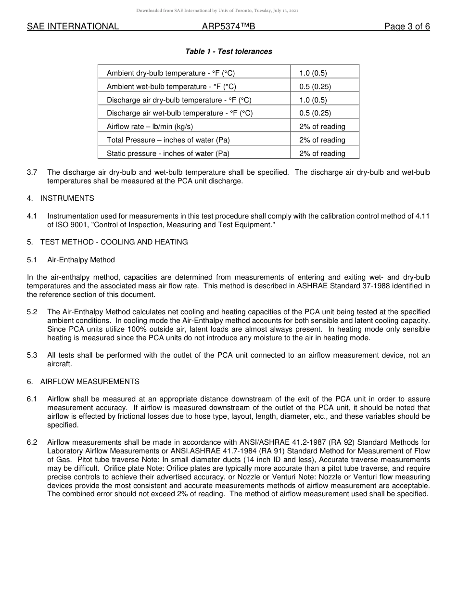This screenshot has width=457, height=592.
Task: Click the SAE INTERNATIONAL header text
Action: tap(73, 27)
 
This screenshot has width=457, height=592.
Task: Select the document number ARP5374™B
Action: tap(228, 27)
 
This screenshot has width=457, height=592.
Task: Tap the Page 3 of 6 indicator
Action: tap(406, 27)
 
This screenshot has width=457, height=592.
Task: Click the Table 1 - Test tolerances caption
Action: tap(228, 51)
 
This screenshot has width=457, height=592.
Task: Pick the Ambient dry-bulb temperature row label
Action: tap(170, 73)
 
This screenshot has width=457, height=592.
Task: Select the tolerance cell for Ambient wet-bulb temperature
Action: tap(315, 87)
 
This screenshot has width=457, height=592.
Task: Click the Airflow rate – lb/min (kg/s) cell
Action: tap(150, 127)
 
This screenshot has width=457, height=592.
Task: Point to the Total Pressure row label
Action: tap(168, 140)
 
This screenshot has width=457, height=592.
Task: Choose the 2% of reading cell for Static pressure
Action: tap(322, 154)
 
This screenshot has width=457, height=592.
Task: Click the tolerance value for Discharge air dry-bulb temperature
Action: tap(313, 100)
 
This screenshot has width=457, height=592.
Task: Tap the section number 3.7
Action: tap(32, 172)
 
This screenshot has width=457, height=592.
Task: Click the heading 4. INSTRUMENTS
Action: tap(61, 198)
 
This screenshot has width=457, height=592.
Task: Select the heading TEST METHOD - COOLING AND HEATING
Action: tap(114, 242)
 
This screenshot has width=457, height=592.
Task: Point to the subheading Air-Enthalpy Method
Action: tap(81, 260)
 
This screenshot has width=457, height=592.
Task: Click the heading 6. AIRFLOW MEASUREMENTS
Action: tap(83, 382)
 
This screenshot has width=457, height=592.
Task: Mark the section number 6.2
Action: tap(32, 442)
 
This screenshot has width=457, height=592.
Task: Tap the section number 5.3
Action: tap(32, 355)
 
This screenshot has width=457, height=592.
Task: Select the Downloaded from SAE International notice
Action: tap(217, 11)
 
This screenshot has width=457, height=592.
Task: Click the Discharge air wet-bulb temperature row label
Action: tap(179, 113)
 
